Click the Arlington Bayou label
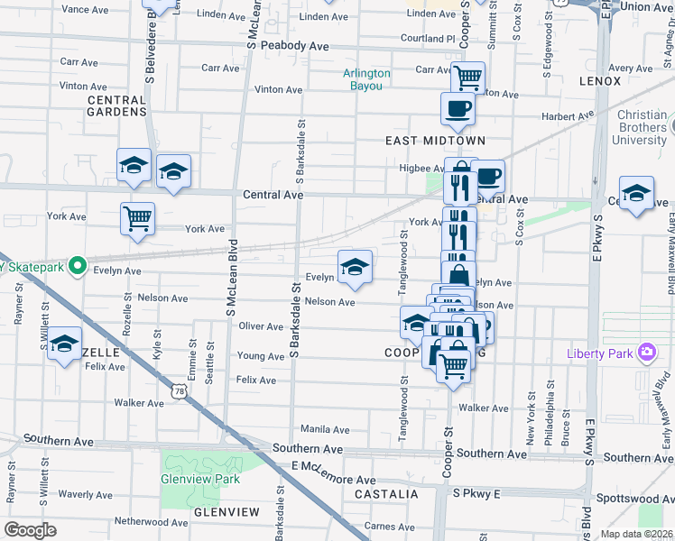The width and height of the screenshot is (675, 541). [x=366, y=79]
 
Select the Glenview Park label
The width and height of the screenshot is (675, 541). [x=200, y=479]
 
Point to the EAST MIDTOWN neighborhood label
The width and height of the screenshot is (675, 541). [x=435, y=141]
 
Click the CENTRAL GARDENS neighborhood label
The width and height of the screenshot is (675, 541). [x=116, y=105]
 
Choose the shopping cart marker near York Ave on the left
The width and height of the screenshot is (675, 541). [x=137, y=219]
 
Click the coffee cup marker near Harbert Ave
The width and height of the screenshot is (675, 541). [x=458, y=109]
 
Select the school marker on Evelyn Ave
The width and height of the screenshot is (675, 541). [x=356, y=267]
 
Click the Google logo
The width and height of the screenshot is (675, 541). [x=30, y=529]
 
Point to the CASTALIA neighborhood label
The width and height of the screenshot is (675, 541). [x=386, y=494]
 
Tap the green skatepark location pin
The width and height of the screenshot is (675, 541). [x=79, y=266]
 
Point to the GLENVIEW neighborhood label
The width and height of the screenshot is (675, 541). [x=227, y=512]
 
